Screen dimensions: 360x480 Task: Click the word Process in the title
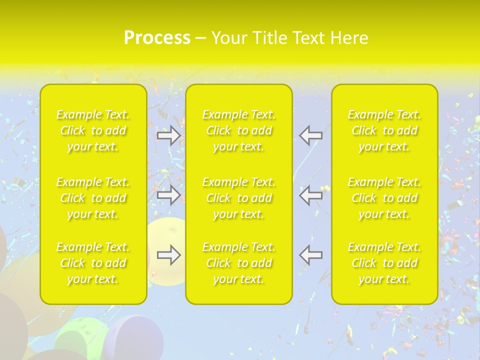coord(157,38)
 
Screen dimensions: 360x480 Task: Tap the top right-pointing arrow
coord(168,135)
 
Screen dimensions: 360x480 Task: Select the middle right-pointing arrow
coord(168,195)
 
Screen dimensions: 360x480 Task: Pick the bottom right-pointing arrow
coord(168,255)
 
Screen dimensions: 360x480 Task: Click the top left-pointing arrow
coord(311,135)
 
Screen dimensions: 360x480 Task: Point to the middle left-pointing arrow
coord(311,195)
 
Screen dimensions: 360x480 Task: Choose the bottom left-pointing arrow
coord(311,255)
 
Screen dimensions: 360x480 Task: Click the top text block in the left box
coord(93,131)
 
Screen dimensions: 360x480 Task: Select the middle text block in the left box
coord(93,198)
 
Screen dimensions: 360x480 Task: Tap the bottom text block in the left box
coord(93,263)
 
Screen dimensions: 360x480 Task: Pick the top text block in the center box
coord(239,131)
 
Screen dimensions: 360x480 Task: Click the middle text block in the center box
coord(239,198)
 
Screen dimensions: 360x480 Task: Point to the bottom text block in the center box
coord(239,263)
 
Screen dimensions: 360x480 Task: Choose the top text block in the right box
coord(384,131)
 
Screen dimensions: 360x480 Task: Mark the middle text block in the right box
coord(384,198)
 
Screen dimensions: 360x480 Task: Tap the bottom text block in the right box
coord(384,263)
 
